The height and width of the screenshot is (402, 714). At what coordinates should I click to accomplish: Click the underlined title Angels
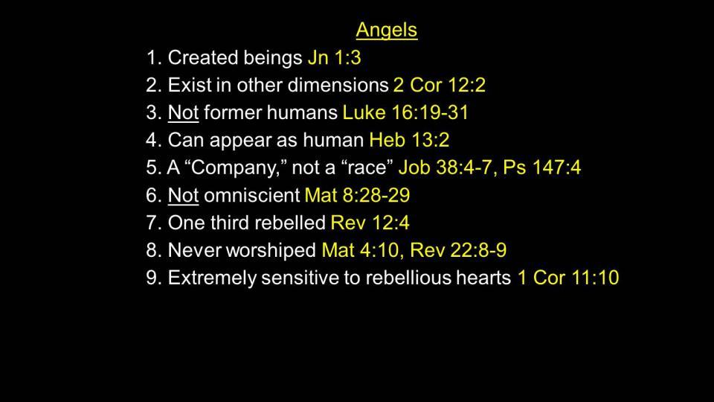(387, 31)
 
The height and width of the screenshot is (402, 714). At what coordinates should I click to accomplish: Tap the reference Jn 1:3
(334, 58)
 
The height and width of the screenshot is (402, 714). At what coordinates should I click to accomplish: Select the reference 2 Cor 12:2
(440, 85)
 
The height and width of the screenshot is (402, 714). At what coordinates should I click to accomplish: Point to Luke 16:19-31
(405, 112)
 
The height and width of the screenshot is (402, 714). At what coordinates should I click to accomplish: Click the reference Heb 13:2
(409, 140)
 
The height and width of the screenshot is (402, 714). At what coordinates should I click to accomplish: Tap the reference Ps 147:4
(542, 167)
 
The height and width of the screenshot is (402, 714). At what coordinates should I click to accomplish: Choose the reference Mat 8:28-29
(357, 195)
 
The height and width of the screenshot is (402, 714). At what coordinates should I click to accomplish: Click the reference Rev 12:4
(370, 223)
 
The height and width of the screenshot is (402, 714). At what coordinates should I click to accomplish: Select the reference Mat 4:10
(360, 250)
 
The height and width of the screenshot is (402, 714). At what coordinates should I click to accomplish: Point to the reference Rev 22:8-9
(458, 250)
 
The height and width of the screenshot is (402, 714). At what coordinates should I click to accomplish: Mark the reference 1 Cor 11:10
(568, 278)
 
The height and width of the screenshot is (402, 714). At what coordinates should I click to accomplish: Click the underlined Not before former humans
(183, 112)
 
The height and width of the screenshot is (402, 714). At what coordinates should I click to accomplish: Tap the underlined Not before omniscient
(183, 195)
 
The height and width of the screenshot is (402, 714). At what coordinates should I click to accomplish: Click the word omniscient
(252, 195)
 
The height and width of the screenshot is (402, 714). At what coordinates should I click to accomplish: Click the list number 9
(151, 278)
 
